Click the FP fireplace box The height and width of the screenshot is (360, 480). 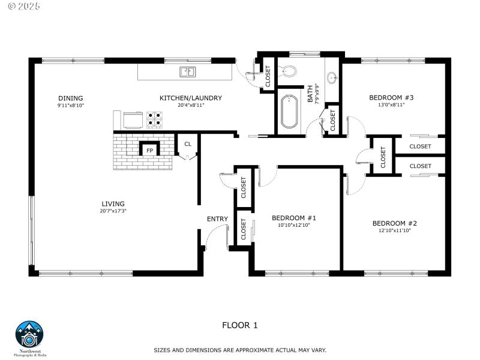pyautogui.click(x=149, y=149)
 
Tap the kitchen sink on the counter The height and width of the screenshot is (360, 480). pyautogui.click(x=188, y=72)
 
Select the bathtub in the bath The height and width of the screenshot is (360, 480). pyautogui.click(x=289, y=112)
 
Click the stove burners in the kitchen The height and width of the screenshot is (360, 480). pyautogui.click(x=154, y=120)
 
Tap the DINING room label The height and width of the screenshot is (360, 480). pyautogui.click(x=70, y=98)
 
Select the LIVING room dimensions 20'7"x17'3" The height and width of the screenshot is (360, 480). pyautogui.click(x=113, y=211)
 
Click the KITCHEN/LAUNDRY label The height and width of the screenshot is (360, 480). pyautogui.click(x=191, y=98)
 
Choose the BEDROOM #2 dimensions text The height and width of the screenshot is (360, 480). pyautogui.click(x=394, y=230)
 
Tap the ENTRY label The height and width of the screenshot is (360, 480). pyautogui.click(x=217, y=219)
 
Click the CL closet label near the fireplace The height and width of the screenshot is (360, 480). pyautogui.click(x=188, y=144)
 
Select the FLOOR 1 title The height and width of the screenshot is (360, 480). pyautogui.click(x=240, y=325)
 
